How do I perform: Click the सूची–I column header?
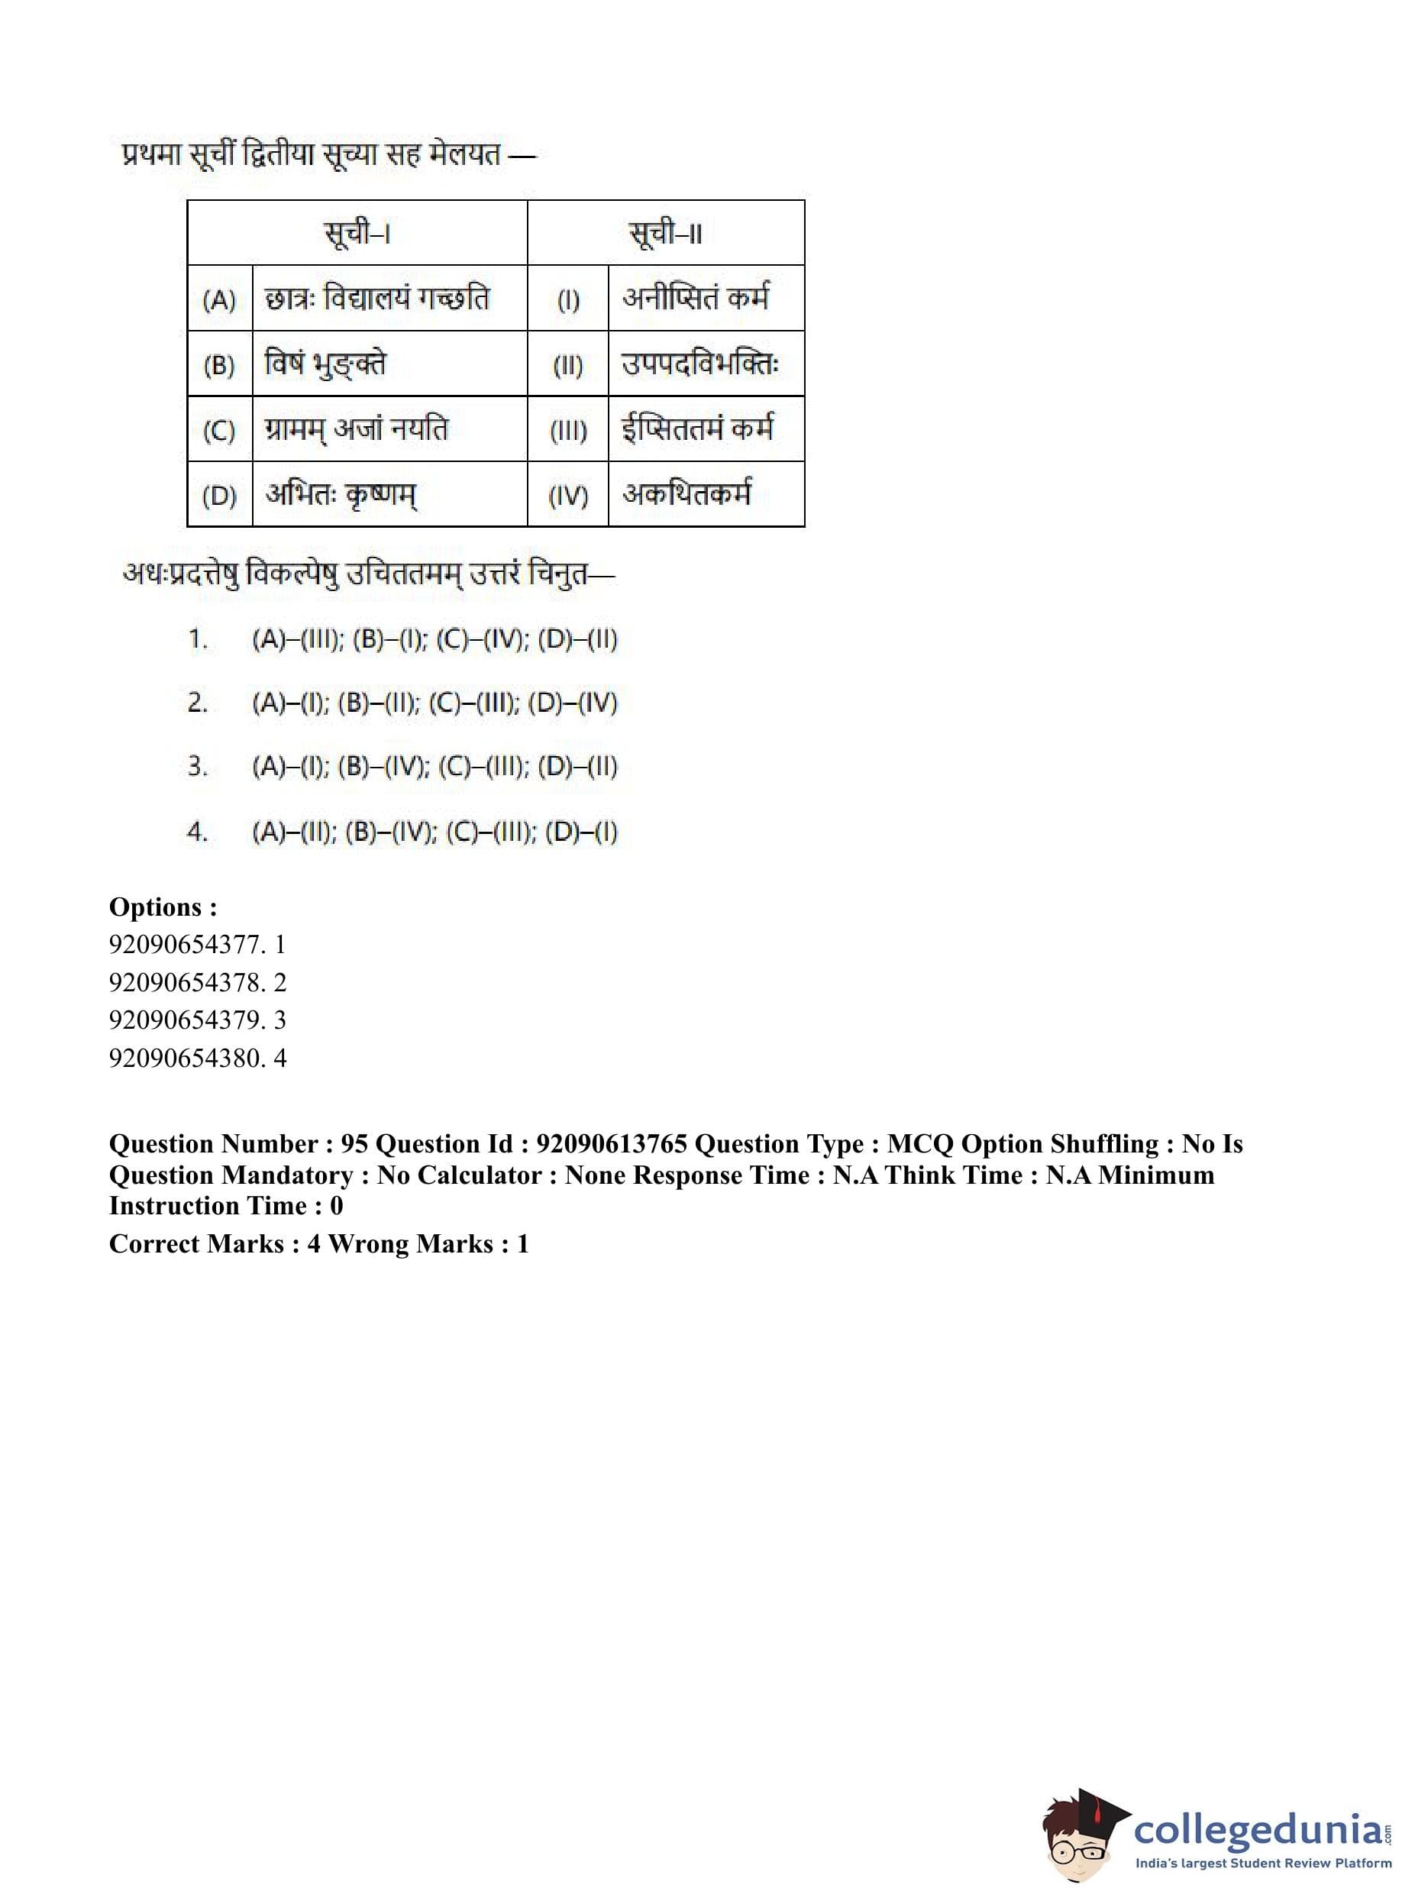[357, 232]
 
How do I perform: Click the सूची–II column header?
[665, 232]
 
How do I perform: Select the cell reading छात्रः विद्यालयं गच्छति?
[378, 299]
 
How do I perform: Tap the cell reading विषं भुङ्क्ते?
[325, 364]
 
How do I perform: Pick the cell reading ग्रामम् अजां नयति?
[357, 429]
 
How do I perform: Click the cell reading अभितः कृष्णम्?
[341, 495]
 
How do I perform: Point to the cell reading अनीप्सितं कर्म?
[696, 299]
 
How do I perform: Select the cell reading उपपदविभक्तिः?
[700, 364]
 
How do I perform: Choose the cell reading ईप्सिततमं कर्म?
[698, 429]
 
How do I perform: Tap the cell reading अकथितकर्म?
[686, 495]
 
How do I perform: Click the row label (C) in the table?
[219, 430]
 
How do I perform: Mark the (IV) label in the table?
[568, 496]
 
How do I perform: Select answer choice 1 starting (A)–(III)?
[434, 639]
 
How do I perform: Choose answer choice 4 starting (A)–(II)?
[434, 832]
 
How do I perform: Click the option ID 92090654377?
[185, 944]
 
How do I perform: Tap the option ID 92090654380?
[185, 1058]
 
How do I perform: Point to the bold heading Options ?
[163, 907]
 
